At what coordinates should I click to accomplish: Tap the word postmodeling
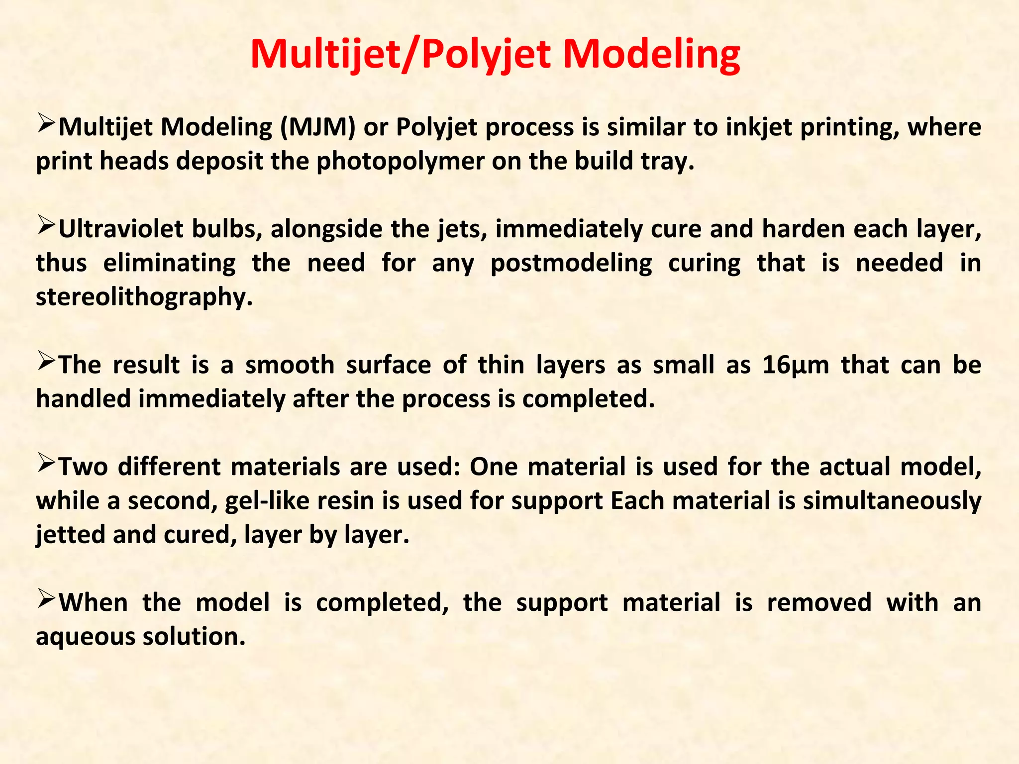(571, 263)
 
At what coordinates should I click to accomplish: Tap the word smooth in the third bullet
(290, 365)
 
